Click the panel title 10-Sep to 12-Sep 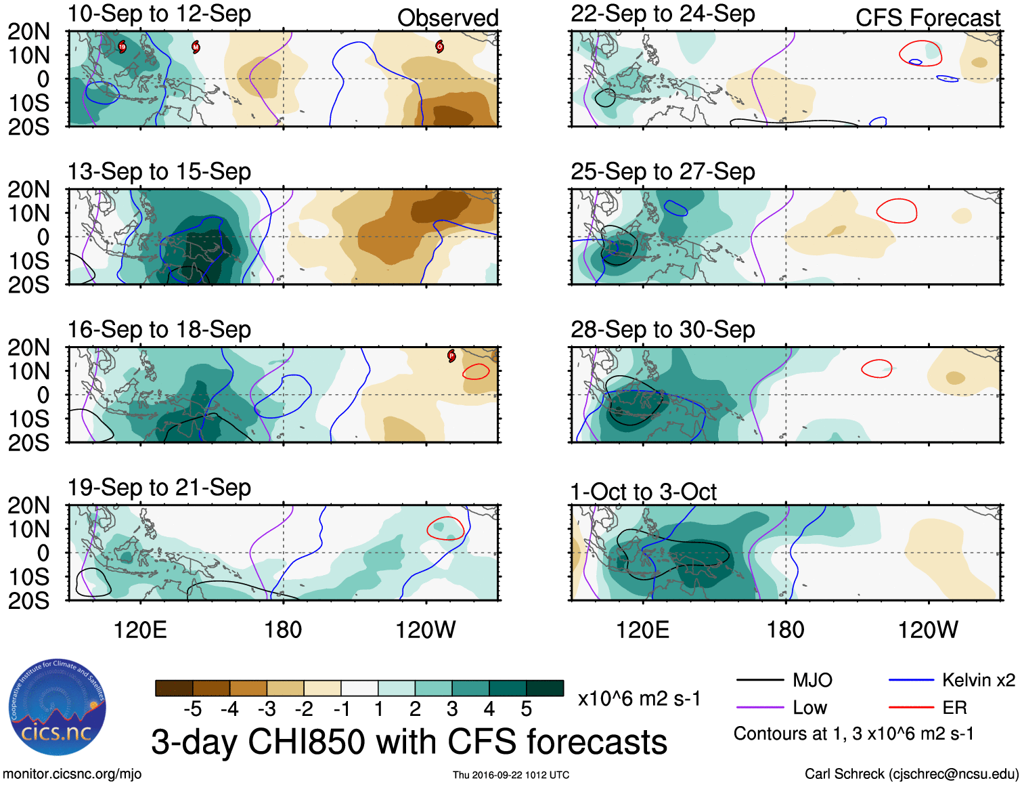tap(159, 14)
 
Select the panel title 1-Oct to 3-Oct tap(643, 492)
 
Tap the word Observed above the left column tap(447, 18)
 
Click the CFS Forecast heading tap(927, 18)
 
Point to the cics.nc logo tap(57, 708)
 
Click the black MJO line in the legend tap(759, 680)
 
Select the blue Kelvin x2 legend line tap(911, 680)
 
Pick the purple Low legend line tap(759, 708)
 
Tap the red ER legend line tap(911, 708)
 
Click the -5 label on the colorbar tap(192, 709)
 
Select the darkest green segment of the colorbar tap(545, 688)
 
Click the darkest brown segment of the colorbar tap(174, 688)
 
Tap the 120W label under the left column tap(425, 630)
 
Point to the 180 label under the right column tap(785, 630)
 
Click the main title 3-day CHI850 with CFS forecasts tap(409, 742)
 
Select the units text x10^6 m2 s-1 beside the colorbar tap(639, 699)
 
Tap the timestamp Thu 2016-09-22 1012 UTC tap(511, 775)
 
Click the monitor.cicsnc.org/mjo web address tap(72, 774)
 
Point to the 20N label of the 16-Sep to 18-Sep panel tap(28, 347)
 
